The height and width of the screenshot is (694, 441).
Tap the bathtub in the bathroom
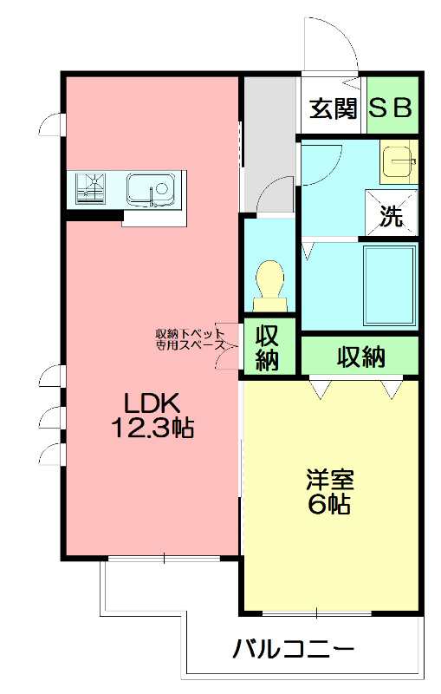[388, 285]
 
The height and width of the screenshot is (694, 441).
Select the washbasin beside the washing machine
[399, 161]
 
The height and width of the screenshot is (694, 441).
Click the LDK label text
[152, 403]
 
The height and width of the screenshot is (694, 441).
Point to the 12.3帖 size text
[152, 427]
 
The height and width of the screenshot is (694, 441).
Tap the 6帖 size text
[329, 506]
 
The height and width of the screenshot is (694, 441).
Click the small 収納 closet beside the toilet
[267, 347]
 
